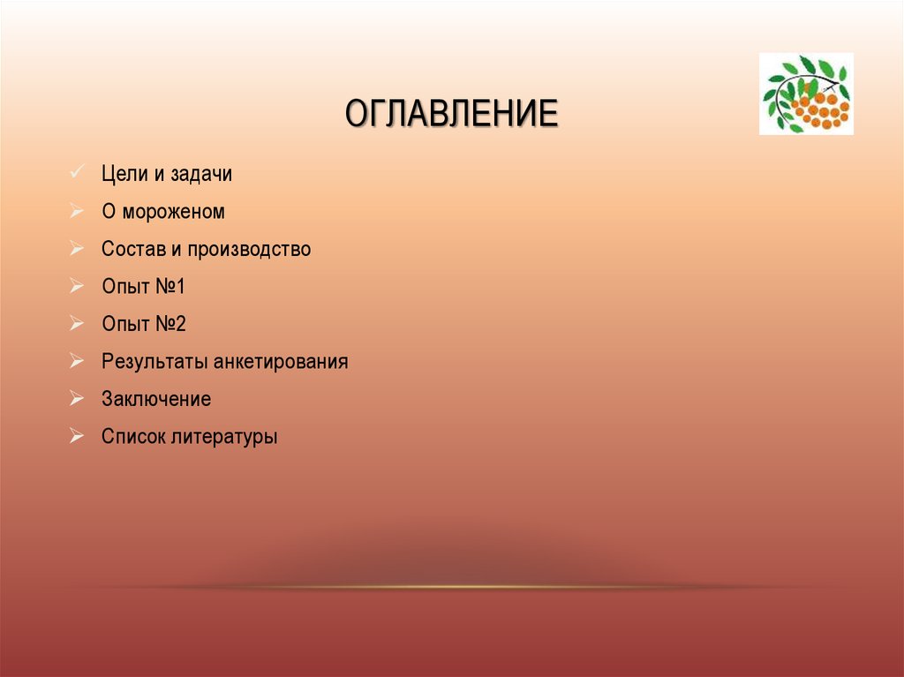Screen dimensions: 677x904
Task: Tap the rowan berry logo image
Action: coord(806,94)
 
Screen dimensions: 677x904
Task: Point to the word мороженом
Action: coord(174,212)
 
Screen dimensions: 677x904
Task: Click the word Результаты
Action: coord(154,362)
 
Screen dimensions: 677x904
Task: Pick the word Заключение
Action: coord(156,399)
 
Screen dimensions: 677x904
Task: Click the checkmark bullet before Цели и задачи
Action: coord(77,172)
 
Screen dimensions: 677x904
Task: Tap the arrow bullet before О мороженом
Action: coord(77,211)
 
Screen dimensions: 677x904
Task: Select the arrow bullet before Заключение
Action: coord(77,398)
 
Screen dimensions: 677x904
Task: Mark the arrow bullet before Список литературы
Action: coord(77,435)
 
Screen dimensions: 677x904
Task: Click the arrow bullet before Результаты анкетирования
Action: coord(77,361)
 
